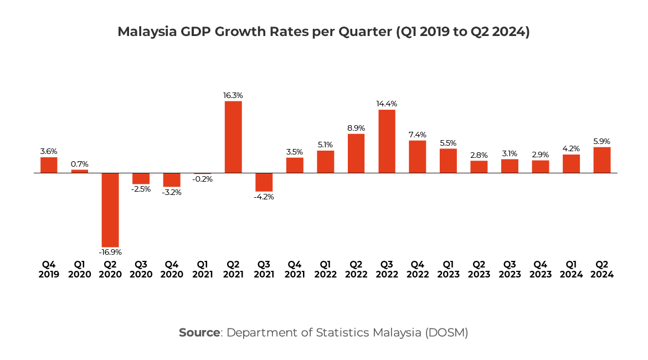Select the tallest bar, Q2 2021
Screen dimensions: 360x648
[x=233, y=137]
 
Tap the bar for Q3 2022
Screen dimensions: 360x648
[x=387, y=141]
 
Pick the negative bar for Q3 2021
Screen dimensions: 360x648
[x=264, y=182]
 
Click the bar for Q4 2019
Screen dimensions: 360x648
[x=49, y=165]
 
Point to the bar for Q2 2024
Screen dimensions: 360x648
[x=602, y=160]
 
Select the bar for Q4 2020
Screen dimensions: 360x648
[x=172, y=180]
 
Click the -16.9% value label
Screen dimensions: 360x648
[x=110, y=252]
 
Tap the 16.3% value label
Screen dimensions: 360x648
[x=233, y=95]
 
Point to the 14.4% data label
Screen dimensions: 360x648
[x=387, y=104]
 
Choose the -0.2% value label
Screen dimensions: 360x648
[x=202, y=179]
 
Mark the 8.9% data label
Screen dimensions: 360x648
[x=356, y=128]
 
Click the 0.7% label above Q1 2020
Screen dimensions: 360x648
[x=80, y=164]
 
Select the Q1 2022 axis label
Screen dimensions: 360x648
[x=325, y=269]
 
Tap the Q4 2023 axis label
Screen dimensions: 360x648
[x=541, y=269]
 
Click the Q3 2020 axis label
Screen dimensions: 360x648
[x=141, y=269]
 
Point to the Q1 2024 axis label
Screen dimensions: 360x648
[x=571, y=269]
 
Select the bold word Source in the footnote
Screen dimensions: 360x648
[x=199, y=333]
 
